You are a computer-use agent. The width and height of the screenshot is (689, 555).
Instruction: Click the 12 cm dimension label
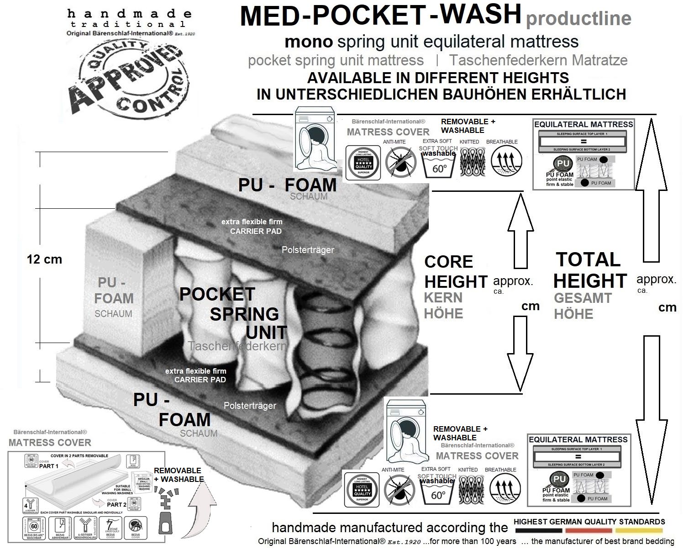pyautogui.click(x=44, y=259)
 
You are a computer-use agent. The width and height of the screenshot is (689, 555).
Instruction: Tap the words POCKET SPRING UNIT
pyautogui.click(x=233, y=313)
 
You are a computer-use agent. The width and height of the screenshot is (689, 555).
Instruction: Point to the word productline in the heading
pyautogui.click(x=579, y=18)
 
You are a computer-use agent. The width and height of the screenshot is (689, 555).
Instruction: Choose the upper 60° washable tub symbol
pyautogui.click(x=438, y=166)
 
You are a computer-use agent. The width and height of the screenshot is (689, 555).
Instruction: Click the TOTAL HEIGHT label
pyautogui.click(x=589, y=270)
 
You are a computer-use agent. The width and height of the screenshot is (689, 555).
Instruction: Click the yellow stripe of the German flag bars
pyautogui.click(x=638, y=531)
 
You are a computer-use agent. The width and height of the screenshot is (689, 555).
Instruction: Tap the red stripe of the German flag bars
pyautogui.click(x=588, y=531)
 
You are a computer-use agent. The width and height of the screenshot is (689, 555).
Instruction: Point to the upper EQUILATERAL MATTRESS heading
pyautogui.click(x=584, y=124)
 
